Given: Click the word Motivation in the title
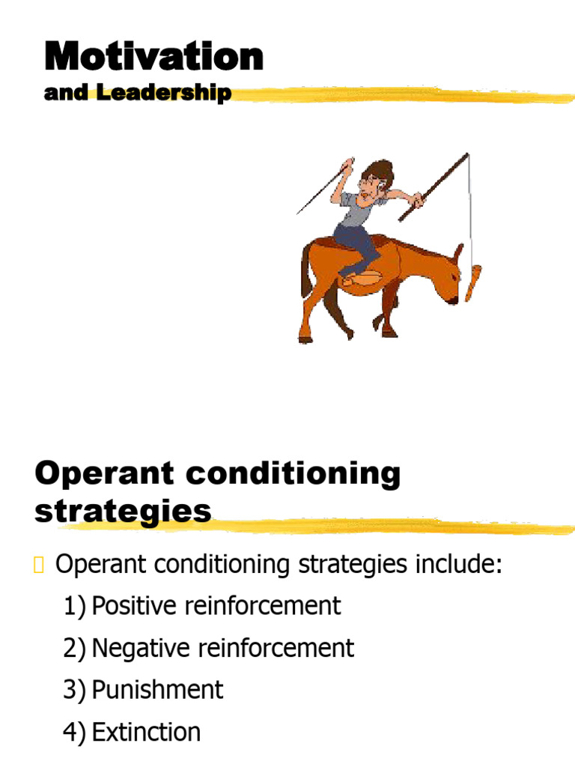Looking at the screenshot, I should pyautogui.click(x=153, y=57).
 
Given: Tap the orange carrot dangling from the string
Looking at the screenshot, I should pyautogui.click(x=472, y=280).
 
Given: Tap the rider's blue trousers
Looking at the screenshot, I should pyautogui.click(x=356, y=244).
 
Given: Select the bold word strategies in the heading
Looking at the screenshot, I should pyautogui.click(x=123, y=512).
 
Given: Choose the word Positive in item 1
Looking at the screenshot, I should pyautogui.click(x=136, y=606).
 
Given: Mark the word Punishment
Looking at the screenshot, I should pyautogui.click(x=157, y=690).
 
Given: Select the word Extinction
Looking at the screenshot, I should pyautogui.click(x=146, y=732).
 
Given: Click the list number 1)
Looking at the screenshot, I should pyautogui.click(x=75, y=606).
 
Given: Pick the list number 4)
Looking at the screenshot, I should pyautogui.click(x=75, y=732).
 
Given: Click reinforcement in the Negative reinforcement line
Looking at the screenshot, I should pyautogui.click(x=279, y=648).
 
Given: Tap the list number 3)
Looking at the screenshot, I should pyautogui.click(x=75, y=690).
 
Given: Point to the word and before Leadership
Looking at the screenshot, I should pyautogui.click(x=66, y=93).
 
